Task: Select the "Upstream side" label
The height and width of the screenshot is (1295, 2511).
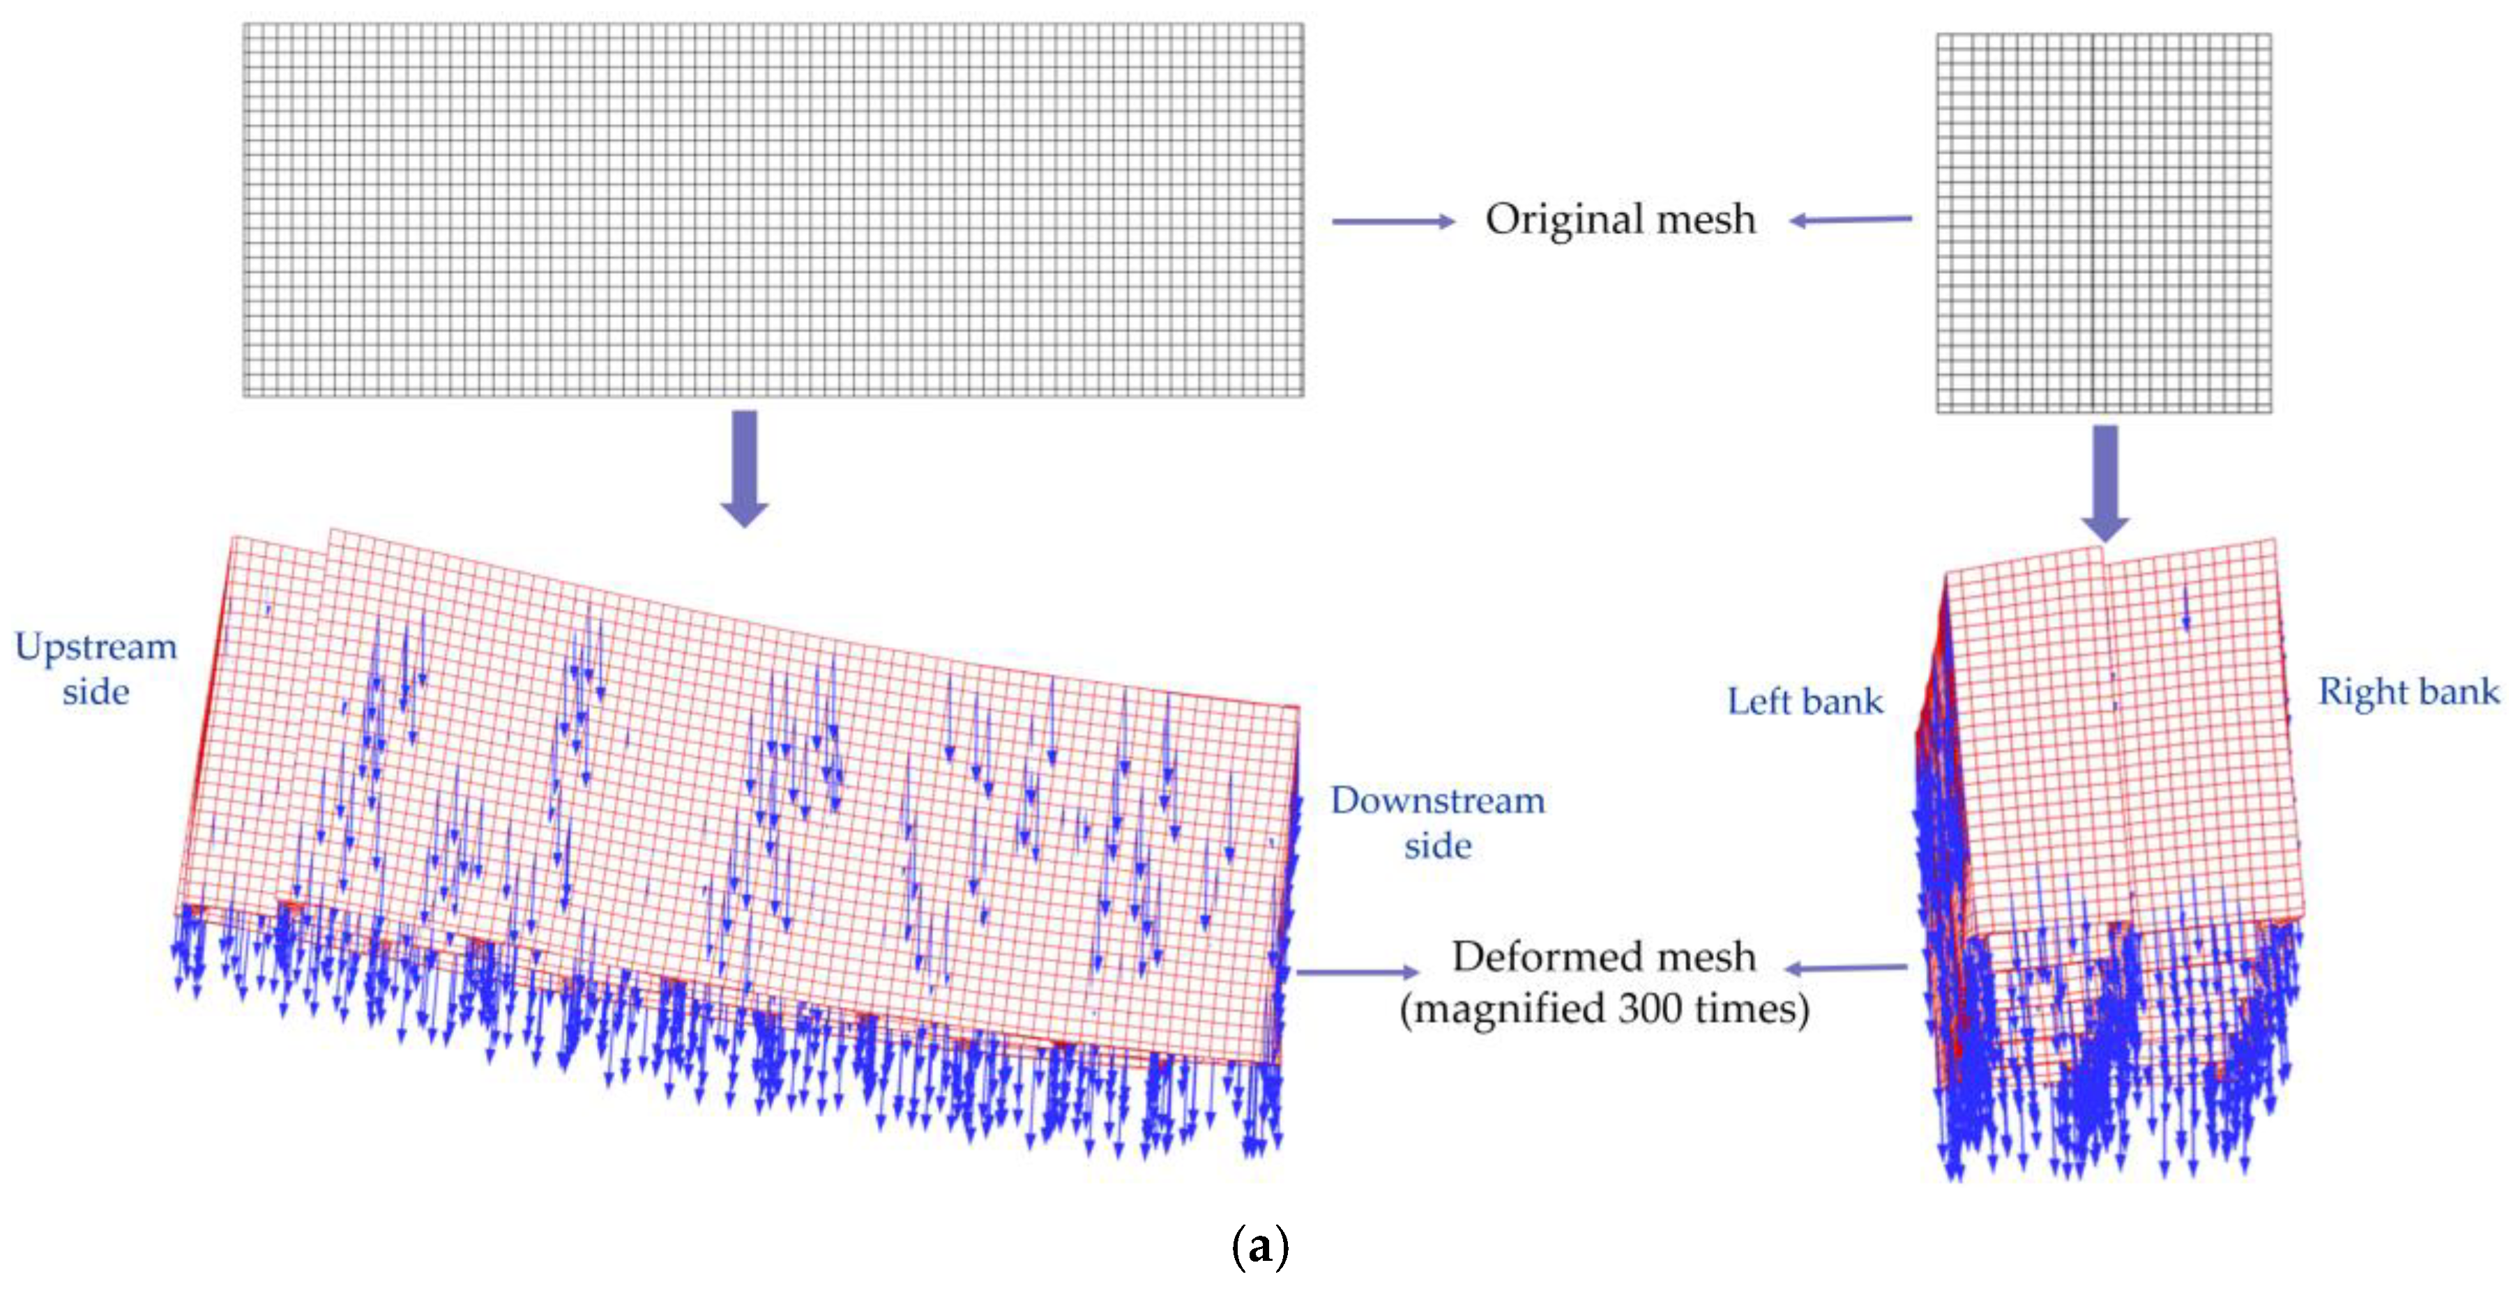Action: [96, 668]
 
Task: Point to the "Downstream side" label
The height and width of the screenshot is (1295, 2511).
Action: [1438, 822]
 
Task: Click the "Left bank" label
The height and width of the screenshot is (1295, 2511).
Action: [1805, 702]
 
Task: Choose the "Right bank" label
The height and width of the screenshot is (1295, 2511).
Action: [2408, 692]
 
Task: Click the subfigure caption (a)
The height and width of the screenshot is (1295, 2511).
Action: [1259, 1246]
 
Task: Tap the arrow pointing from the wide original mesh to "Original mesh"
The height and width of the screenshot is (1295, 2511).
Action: [1393, 222]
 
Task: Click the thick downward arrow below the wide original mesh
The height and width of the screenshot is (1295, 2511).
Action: [745, 468]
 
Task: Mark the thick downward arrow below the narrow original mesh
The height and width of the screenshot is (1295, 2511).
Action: [2105, 483]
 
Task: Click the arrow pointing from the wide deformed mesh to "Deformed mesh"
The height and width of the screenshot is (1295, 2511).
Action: [1357, 972]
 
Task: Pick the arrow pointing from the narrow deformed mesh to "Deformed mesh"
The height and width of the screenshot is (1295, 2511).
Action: [1846, 967]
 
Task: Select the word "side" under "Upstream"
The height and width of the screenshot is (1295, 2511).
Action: [96, 692]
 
